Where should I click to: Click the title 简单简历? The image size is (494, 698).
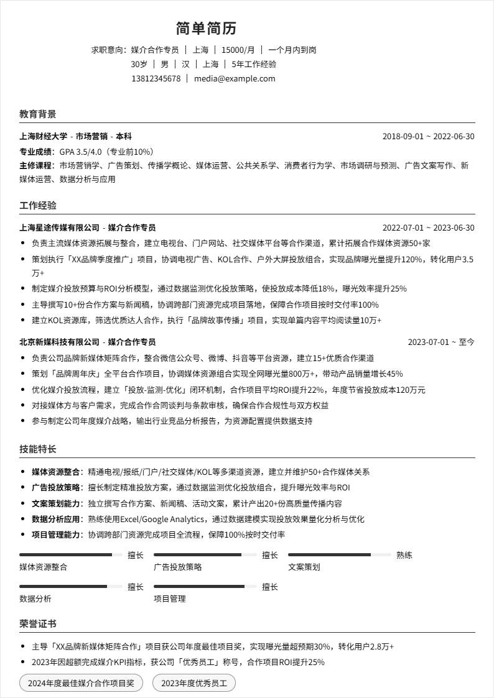(x=206, y=29)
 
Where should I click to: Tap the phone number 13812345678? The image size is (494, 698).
(x=156, y=78)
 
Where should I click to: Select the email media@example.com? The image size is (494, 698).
(x=234, y=78)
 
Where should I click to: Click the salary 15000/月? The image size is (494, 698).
(x=238, y=50)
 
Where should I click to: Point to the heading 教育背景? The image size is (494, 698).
(x=37, y=114)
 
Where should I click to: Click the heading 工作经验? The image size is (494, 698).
(x=37, y=205)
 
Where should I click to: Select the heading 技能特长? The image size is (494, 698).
(x=37, y=449)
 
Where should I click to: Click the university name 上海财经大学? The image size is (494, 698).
(x=44, y=136)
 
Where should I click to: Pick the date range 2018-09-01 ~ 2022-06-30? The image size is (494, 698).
(x=428, y=136)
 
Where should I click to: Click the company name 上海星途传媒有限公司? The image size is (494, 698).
(x=59, y=227)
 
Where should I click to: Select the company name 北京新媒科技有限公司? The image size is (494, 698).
(x=59, y=342)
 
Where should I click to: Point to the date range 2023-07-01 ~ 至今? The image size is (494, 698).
(x=440, y=342)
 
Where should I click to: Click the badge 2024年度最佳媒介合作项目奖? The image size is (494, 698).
(x=81, y=683)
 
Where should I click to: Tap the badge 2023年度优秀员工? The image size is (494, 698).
(x=194, y=683)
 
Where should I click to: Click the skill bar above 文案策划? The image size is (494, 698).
(x=339, y=554)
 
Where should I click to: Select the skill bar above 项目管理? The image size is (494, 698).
(x=205, y=586)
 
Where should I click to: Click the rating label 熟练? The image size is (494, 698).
(x=404, y=555)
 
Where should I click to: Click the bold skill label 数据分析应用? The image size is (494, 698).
(x=56, y=519)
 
